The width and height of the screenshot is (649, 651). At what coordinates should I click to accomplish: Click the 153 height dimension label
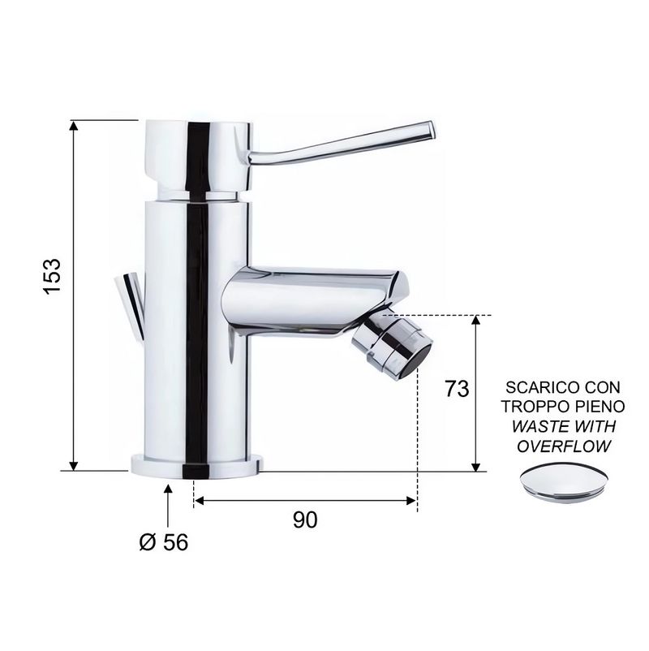52,277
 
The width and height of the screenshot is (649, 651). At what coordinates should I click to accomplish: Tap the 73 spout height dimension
457,389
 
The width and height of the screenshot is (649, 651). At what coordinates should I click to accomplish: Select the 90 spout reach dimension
305,520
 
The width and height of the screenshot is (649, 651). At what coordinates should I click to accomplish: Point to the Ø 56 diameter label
164,541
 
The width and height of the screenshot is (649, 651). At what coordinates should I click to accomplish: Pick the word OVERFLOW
564,446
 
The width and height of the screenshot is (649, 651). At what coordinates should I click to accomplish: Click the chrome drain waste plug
564,483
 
